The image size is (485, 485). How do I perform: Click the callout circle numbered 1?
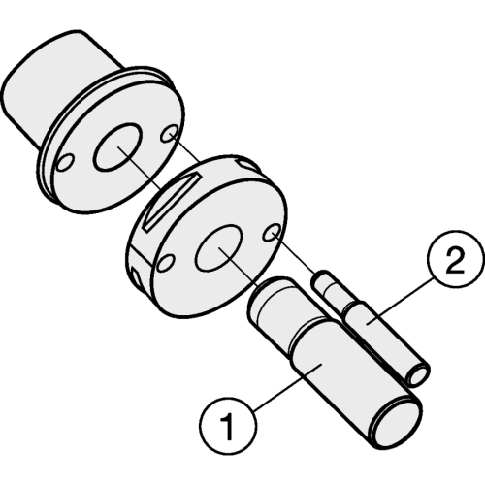click(229, 424)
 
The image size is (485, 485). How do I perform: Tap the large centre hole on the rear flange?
click(117, 146)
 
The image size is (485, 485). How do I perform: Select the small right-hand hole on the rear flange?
click(170, 134)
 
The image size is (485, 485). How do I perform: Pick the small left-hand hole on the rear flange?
click(65, 162)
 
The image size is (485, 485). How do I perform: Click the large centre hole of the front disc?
click(219, 247)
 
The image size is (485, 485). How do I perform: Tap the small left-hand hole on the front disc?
click(167, 262)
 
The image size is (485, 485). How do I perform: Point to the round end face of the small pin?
click(419, 374)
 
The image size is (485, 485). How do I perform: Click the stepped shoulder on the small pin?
click(351, 307)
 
